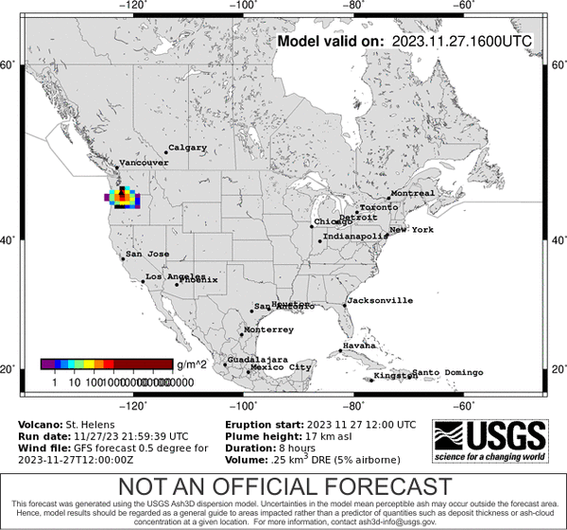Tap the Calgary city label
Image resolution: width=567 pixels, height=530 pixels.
[187, 148]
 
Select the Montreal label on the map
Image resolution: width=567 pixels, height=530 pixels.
[412, 193]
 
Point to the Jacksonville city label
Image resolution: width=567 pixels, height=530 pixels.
[380, 300]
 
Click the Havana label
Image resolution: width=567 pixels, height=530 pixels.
[358, 345]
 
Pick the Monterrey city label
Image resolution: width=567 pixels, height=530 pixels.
[268, 329]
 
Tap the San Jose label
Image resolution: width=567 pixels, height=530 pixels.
[147, 254]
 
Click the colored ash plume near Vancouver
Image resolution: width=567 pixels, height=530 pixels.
[123, 197]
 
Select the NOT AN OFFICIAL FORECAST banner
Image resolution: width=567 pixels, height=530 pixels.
[283, 486]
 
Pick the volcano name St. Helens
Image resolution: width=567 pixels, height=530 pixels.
[92, 424]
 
